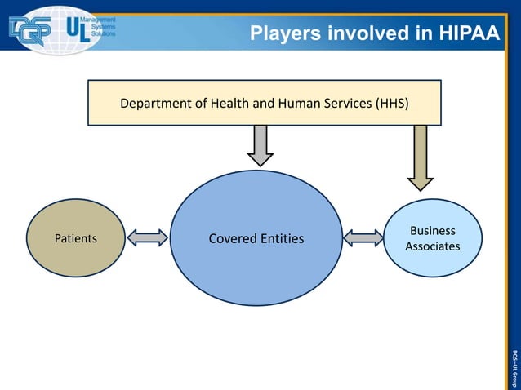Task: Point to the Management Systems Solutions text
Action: (x=102, y=29)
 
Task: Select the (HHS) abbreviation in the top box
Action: (x=392, y=104)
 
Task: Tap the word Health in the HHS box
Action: (x=229, y=104)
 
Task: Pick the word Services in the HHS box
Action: (x=345, y=104)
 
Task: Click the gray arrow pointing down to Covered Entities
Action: (x=260, y=145)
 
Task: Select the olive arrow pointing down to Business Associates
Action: (x=421, y=157)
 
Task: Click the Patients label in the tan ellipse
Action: (x=75, y=239)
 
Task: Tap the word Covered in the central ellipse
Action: (x=234, y=239)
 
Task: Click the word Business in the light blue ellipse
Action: (x=433, y=231)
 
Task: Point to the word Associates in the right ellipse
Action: (x=433, y=246)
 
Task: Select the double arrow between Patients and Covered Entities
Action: (x=148, y=238)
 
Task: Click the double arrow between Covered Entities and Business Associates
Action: (x=363, y=238)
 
